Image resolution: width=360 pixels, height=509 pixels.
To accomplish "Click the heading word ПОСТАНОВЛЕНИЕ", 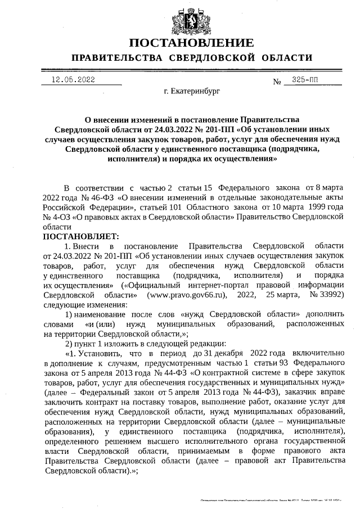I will tap(191, 43).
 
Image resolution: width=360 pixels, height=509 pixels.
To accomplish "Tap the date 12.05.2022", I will tap(73, 80).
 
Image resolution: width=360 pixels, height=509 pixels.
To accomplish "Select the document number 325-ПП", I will tap(305, 80).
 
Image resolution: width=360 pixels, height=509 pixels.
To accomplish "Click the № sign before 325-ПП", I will tap(277, 81).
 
